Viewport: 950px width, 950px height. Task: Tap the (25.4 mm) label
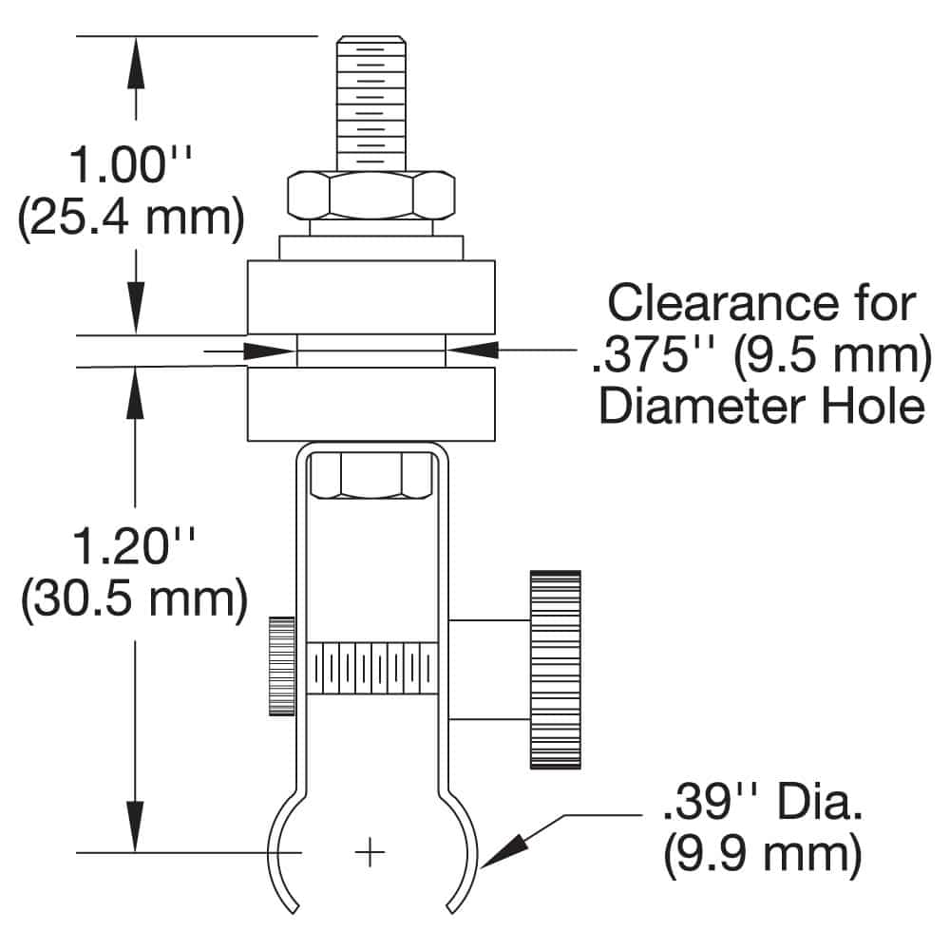(x=131, y=218)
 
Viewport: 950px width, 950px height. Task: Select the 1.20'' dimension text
(x=133, y=549)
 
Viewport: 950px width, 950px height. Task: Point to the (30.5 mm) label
(x=134, y=599)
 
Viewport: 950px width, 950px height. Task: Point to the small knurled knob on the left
(x=280, y=666)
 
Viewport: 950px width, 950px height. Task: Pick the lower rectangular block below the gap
(x=370, y=405)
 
